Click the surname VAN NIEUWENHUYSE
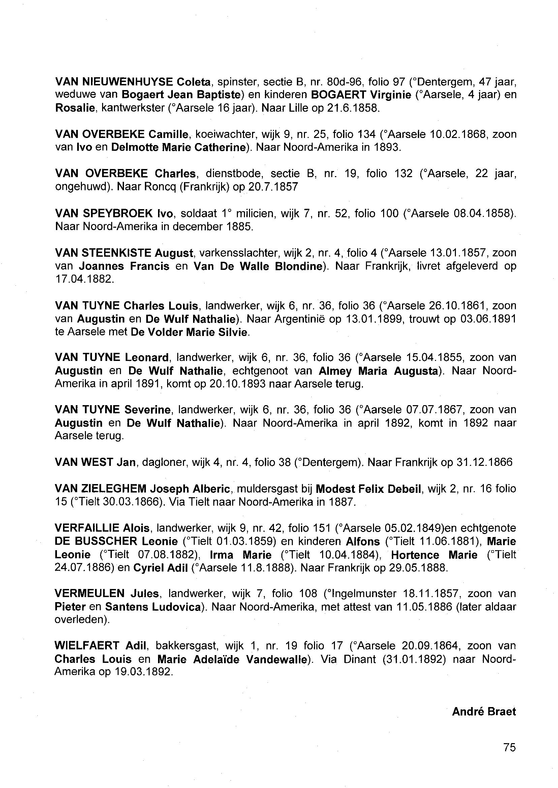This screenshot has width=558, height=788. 114,82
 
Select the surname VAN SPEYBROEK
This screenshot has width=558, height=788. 104,214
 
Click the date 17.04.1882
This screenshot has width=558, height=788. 84,279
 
